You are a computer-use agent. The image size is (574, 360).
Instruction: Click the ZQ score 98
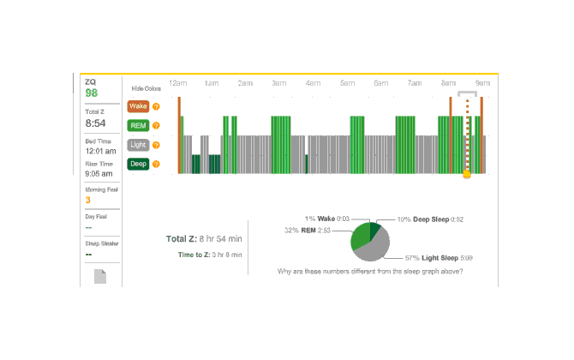point(91,93)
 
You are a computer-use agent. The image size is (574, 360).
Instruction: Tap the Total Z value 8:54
point(94,123)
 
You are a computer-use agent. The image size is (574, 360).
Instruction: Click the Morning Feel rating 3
point(87,201)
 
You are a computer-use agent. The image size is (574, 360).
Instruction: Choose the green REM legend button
point(137,125)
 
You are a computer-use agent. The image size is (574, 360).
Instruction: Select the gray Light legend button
point(137,145)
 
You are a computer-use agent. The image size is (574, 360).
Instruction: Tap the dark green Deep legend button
point(137,164)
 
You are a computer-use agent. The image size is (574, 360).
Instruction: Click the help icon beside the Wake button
point(156,106)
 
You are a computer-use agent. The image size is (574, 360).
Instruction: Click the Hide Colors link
point(146,88)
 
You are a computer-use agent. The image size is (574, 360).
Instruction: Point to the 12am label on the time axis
point(178,83)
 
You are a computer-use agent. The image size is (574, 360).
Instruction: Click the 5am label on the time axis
point(347,83)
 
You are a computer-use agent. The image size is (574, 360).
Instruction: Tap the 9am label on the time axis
point(482,83)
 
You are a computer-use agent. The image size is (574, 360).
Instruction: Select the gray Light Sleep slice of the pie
point(374,249)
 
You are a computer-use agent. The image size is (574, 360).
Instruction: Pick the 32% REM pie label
point(314,230)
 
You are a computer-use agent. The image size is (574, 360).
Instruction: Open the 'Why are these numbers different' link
point(370,272)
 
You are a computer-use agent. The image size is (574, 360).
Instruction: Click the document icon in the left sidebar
point(100,276)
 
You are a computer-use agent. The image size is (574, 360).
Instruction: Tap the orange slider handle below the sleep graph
point(467,174)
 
